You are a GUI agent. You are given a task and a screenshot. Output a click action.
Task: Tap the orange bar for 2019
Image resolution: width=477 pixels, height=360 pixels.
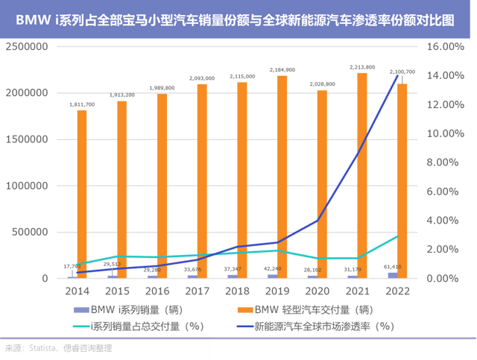tap(282, 176)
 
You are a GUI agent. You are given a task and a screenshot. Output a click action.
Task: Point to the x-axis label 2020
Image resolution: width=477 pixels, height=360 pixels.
tap(313, 286)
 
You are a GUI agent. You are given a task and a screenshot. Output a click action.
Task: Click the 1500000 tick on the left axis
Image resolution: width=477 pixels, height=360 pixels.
tap(28, 139)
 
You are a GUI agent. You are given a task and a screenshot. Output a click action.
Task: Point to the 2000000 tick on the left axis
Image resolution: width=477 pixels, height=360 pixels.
tap(28, 92)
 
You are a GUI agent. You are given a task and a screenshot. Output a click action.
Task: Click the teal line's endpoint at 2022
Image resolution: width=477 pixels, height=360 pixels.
tap(397, 236)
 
